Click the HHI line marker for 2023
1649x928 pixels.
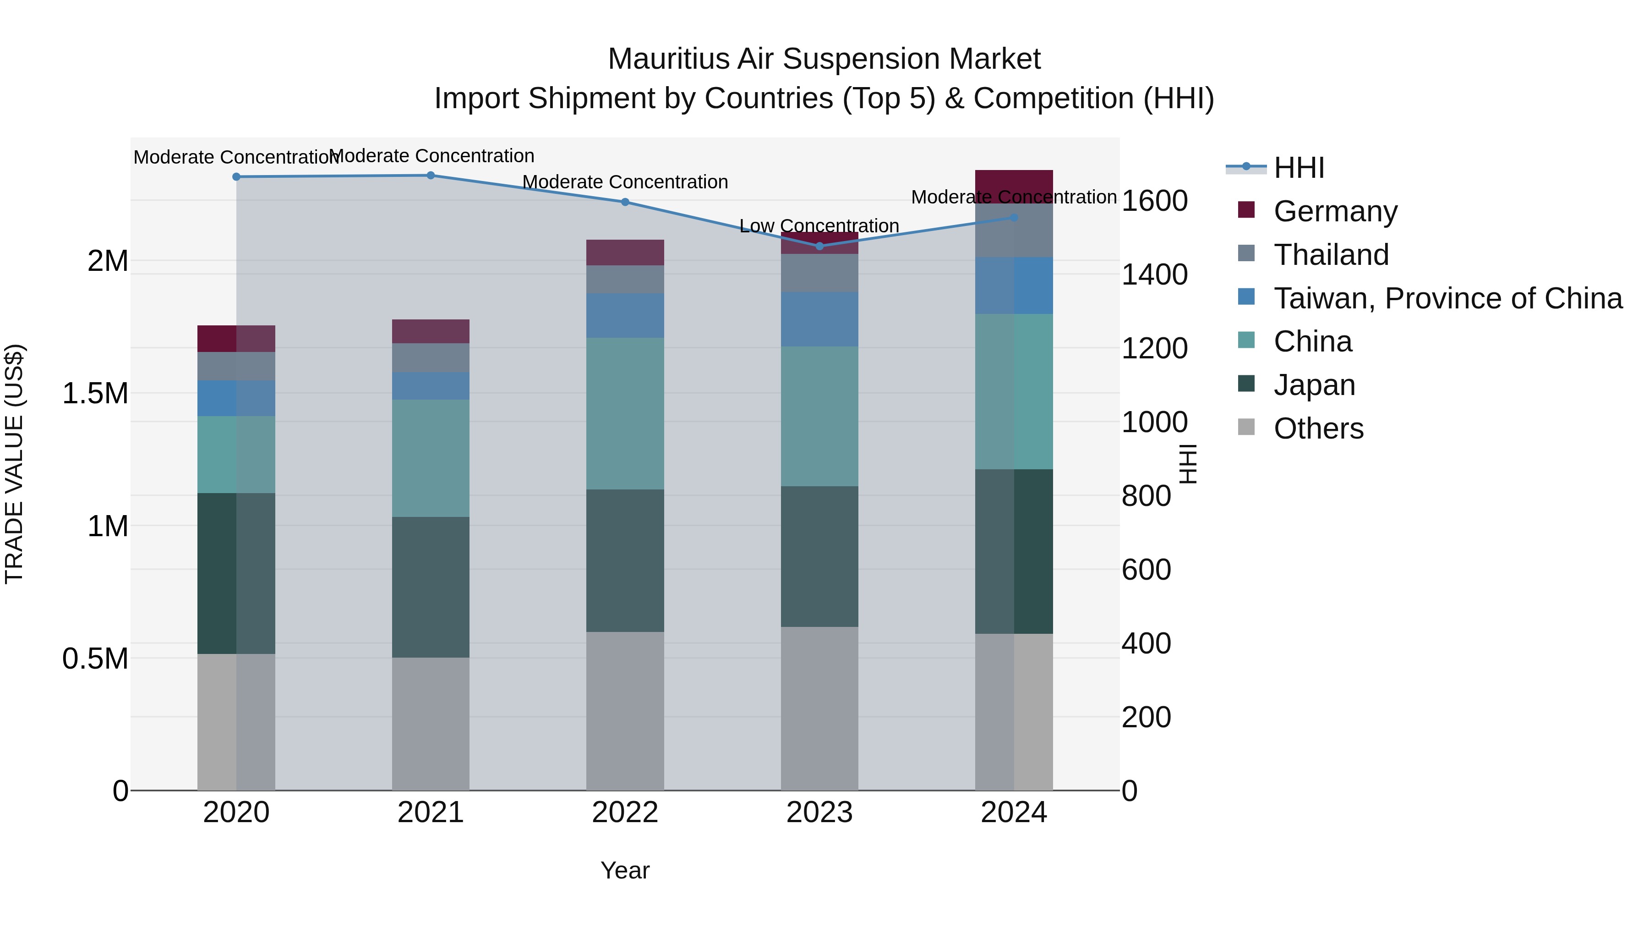(x=819, y=246)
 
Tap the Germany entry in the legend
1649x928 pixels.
(x=1335, y=211)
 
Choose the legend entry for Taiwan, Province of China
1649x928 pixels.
(x=1447, y=298)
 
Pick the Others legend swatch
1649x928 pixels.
(x=1246, y=427)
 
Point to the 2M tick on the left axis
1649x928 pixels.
(x=108, y=261)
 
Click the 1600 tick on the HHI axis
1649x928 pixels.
(x=1154, y=201)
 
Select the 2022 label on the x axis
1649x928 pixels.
(x=625, y=813)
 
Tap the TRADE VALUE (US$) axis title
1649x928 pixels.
(x=14, y=464)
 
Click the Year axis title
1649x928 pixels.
(x=625, y=870)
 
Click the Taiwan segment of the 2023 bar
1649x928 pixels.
(x=819, y=319)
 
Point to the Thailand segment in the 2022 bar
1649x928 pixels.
(x=625, y=279)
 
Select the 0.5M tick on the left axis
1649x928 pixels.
(x=95, y=659)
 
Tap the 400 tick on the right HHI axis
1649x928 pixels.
(x=1146, y=644)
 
